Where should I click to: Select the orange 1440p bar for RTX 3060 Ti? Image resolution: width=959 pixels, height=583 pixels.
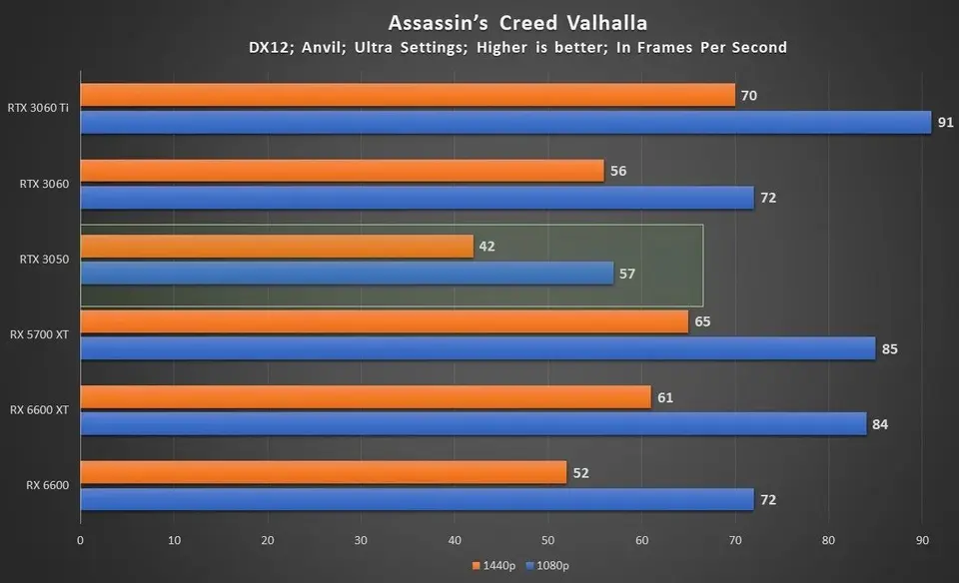point(408,96)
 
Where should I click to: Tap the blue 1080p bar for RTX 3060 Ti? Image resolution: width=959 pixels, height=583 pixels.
point(504,122)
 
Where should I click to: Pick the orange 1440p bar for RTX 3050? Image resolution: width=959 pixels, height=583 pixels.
point(277,247)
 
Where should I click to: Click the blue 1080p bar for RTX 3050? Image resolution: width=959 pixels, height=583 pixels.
point(347,273)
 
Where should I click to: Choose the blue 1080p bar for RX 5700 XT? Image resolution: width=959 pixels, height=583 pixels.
point(478,348)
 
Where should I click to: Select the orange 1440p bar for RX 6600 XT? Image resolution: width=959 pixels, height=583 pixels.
point(365,397)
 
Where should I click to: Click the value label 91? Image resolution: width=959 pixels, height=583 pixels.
point(945,122)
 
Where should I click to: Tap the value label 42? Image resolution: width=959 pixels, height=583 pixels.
point(486,247)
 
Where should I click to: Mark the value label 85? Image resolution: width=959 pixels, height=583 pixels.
point(889,348)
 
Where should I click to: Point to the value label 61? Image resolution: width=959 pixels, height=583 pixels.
point(665,397)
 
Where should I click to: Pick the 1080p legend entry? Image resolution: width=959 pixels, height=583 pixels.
point(546,566)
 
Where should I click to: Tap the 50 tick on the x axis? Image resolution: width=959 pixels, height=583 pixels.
point(547,540)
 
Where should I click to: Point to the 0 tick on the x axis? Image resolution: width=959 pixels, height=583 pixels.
point(80,540)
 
